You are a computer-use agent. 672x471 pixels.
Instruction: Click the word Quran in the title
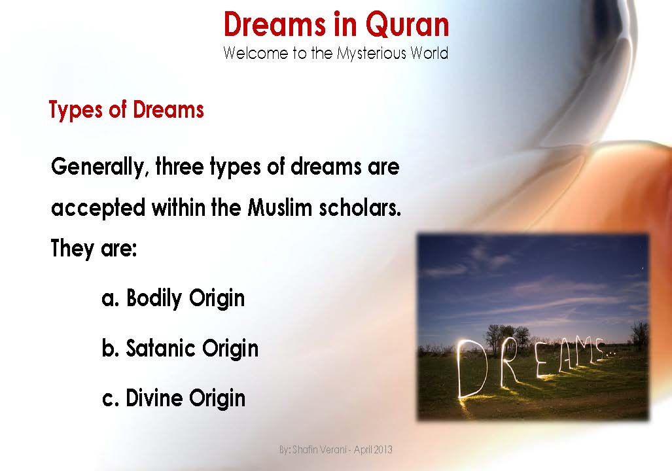click(x=407, y=25)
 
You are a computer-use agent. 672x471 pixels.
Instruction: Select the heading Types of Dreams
click(x=126, y=110)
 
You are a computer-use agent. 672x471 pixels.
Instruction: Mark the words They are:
click(x=94, y=249)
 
